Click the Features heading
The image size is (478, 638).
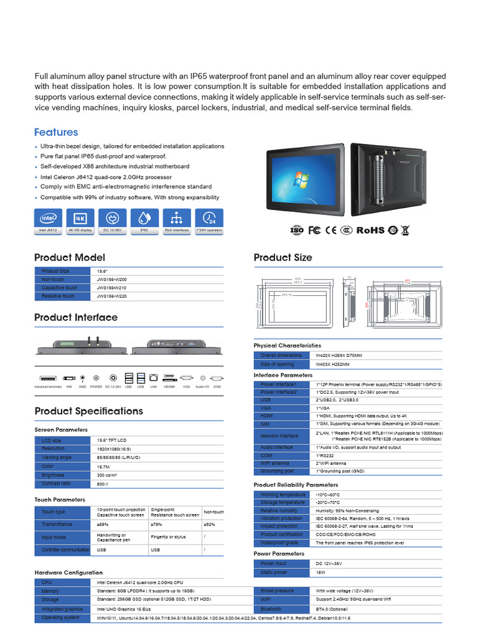(x=56, y=132)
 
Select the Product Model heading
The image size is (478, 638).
(x=69, y=257)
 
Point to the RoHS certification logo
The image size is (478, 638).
(x=370, y=230)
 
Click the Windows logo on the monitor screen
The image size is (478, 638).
(x=302, y=180)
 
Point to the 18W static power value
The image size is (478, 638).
(x=321, y=573)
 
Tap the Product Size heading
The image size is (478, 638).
(x=283, y=257)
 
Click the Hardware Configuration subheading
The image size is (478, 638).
(x=68, y=572)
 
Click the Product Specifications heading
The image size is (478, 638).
(x=88, y=411)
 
